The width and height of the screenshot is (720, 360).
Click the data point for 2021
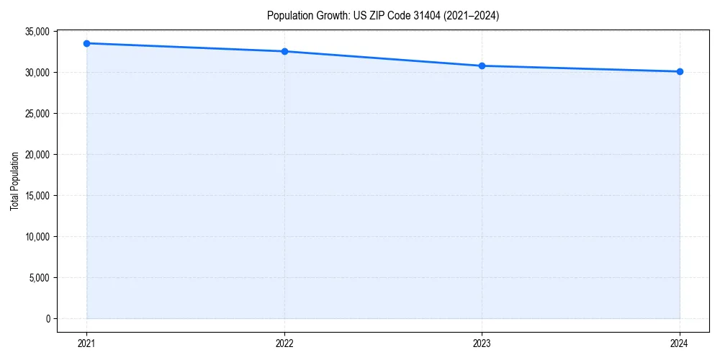[86, 43]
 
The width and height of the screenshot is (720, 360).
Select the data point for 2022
[284, 51]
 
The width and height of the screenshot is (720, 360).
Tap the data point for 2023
[482, 66]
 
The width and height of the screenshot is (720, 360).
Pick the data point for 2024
[680, 71]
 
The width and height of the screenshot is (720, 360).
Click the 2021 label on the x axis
[86, 343]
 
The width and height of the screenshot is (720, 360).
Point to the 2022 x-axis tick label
[284, 343]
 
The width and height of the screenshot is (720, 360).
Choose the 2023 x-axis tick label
[482, 343]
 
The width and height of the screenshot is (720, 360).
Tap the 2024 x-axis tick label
[680, 343]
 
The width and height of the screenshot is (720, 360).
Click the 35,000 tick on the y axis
[37, 32]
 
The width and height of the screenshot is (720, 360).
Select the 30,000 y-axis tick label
[37, 73]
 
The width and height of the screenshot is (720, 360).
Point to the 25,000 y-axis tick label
[37, 114]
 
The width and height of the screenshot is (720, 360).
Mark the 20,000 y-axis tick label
[37, 155]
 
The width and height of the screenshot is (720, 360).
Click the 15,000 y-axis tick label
[37, 196]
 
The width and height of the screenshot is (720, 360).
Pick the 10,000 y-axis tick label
[37, 237]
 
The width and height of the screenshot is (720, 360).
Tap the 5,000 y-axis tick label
[39, 278]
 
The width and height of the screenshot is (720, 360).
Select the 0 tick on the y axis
[47, 319]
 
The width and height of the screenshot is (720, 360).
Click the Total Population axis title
[14, 181]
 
